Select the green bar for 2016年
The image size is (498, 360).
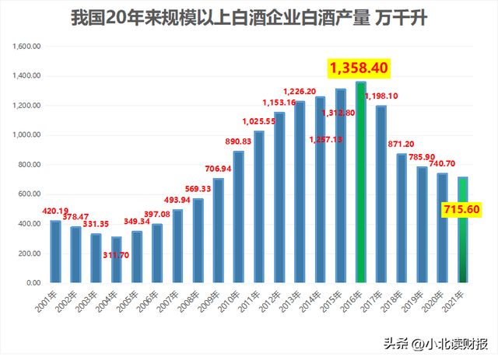pyautogui.click(x=360, y=182)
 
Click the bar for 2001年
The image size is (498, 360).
pyautogui.click(x=54, y=252)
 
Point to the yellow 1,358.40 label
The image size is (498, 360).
pyautogui.click(x=359, y=68)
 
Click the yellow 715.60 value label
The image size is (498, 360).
pyautogui.click(x=460, y=210)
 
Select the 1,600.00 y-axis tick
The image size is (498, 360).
pyautogui.click(x=28, y=47)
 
